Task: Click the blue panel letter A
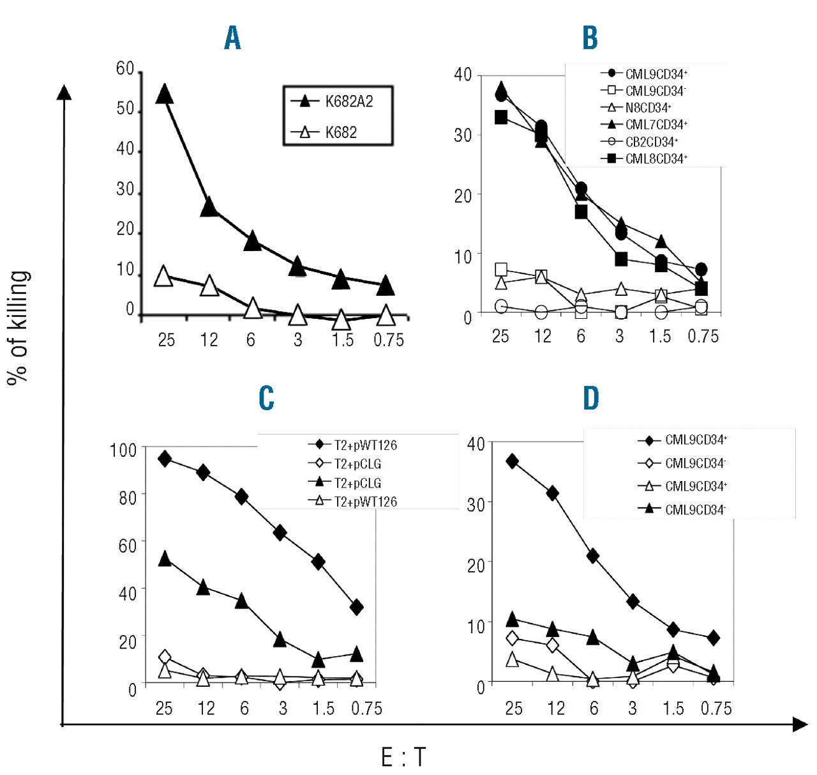(232, 38)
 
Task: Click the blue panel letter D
(591, 398)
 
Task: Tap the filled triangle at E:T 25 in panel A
(165, 94)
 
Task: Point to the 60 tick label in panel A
(125, 68)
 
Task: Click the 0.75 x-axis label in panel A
(388, 340)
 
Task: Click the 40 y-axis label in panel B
(463, 75)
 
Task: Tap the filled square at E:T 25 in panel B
(501, 118)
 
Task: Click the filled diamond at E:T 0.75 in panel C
(357, 607)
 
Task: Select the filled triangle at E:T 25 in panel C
(165, 559)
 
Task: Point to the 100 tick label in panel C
(123, 450)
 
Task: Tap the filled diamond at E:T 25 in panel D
(512, 461)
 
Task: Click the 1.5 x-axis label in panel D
(673, 708)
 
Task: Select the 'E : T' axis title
(403, 758)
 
